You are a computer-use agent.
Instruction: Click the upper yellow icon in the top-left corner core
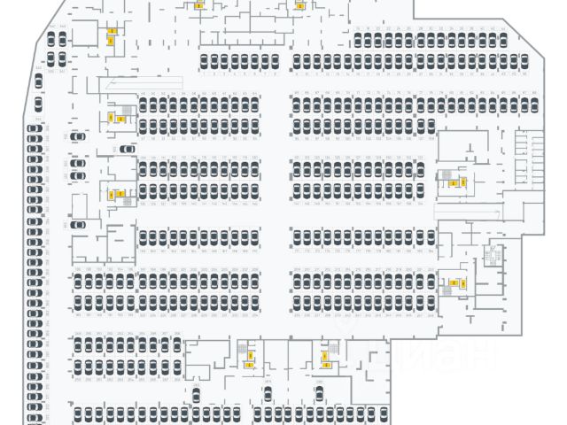(112, 31)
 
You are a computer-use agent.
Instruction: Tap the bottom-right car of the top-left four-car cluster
(61, 59)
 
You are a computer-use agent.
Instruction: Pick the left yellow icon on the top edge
(198, 5)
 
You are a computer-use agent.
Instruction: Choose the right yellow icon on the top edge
(299, 5)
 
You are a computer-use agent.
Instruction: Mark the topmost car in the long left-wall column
(35, 129)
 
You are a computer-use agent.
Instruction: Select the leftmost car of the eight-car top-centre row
(204, 61)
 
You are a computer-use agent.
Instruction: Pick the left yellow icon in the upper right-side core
(453, 183)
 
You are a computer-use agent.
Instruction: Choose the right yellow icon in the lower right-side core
(462, 283)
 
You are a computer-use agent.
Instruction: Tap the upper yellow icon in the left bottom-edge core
(248, 356)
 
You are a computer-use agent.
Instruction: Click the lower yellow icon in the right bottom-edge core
(326, 364)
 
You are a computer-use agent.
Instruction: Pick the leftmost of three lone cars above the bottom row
(195, 395)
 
